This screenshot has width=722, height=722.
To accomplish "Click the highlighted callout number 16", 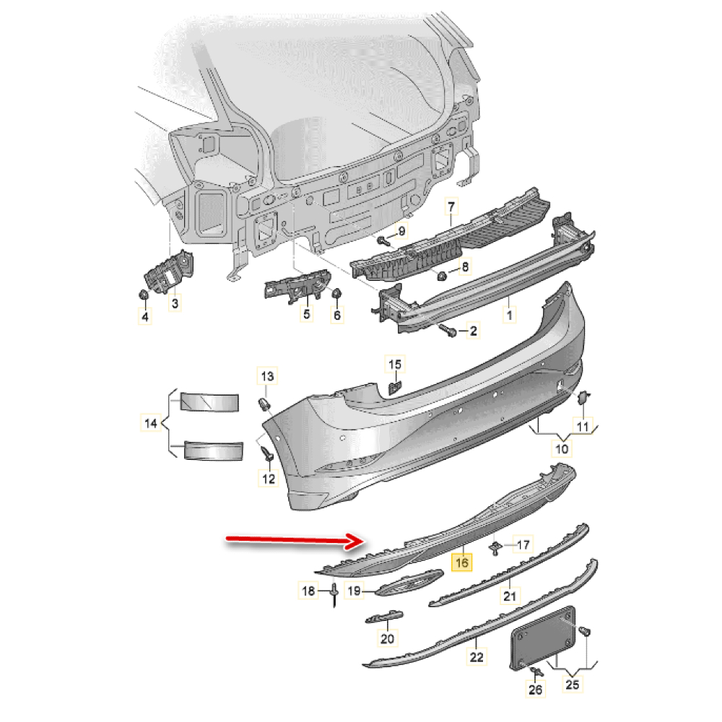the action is (461, 562).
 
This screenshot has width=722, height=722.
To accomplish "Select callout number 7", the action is (451, 206).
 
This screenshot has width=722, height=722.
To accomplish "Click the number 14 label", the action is (151, 423).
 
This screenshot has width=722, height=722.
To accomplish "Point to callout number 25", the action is (572, 684).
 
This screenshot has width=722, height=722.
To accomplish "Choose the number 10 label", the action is (562, 448).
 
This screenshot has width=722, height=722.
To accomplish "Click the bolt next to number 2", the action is (448, 330).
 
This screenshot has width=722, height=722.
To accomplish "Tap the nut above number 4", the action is (144, 294).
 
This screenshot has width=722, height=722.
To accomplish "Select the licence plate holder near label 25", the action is (543, 638).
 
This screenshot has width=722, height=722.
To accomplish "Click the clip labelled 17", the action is (495, 548).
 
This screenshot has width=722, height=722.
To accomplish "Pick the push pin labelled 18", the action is (334, 595).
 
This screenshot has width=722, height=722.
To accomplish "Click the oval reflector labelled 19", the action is (409, 583).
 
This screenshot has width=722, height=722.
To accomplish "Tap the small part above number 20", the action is (384, 617).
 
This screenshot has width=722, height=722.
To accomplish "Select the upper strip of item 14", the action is (210, 402).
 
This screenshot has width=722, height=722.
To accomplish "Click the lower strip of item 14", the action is (213, 451).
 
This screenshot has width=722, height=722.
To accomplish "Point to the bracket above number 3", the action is (168, 272).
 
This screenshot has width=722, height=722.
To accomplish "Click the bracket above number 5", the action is (297, 286).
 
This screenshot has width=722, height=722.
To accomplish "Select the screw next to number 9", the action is (383, 240).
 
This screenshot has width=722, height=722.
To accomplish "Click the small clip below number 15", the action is (396, 388).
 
